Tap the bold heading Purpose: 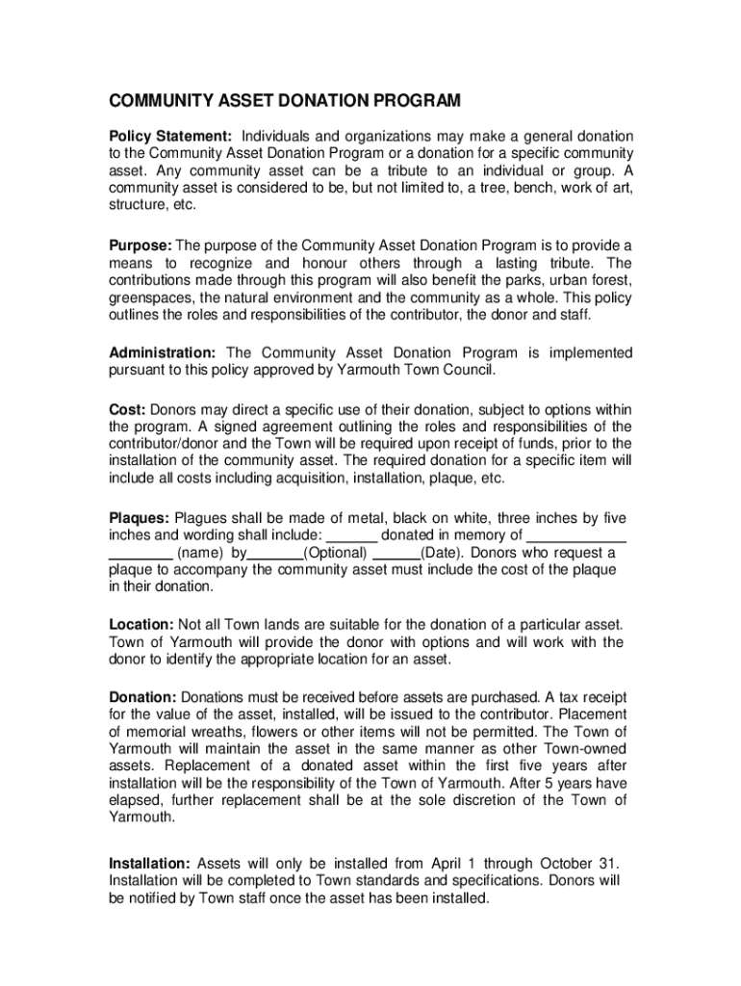click(x=140, y=246)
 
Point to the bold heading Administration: click(x=162, y=352)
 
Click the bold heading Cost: click(x=126, y=409)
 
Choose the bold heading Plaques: click(x=139, y=518)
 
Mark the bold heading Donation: click(x=142, y=696)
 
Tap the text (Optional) click(x=335, y=553)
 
